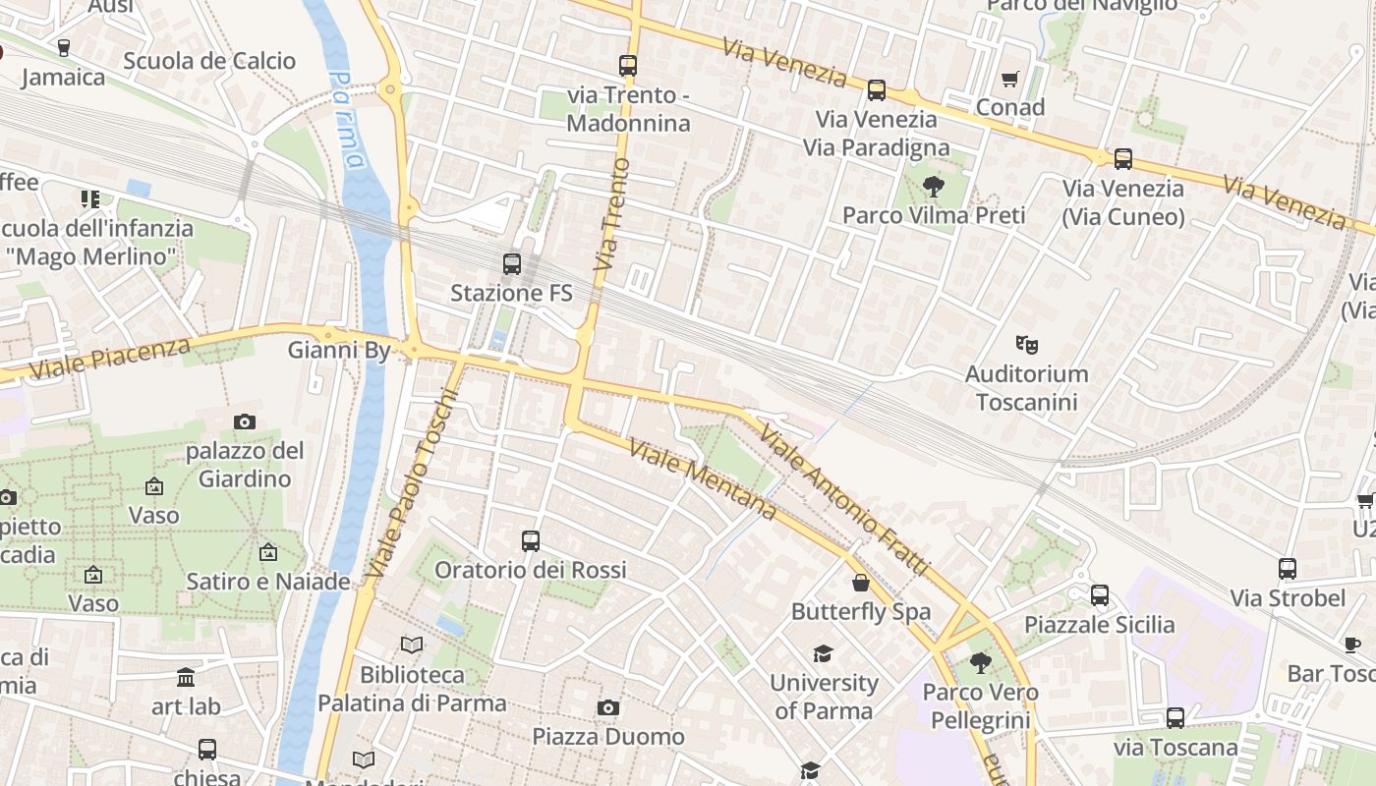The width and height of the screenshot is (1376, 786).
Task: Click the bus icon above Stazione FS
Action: pos(511,263)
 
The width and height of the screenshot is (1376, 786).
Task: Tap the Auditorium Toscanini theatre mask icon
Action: pos(1027,344)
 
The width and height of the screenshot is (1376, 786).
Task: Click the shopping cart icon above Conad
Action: pos(1009,79)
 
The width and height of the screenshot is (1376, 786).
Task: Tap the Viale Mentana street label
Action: pos(702,479)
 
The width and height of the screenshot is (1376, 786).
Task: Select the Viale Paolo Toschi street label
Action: pos(413,483)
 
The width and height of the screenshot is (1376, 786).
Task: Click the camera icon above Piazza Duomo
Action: pos(608,707)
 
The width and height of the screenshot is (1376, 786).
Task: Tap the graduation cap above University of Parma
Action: pos(823,653)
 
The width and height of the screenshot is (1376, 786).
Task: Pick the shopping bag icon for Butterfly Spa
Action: pos(861,583)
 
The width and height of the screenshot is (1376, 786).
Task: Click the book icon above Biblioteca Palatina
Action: pos(412,645)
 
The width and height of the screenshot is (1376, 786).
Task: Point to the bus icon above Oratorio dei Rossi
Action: pos(531,540)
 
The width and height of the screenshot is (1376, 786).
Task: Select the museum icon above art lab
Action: pos(186,677)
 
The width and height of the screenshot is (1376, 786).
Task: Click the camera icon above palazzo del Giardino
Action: pos(245,421)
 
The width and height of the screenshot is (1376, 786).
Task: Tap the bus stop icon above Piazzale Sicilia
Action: pos(1100,594)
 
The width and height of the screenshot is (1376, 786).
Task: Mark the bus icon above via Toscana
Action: pos(1175,718)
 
